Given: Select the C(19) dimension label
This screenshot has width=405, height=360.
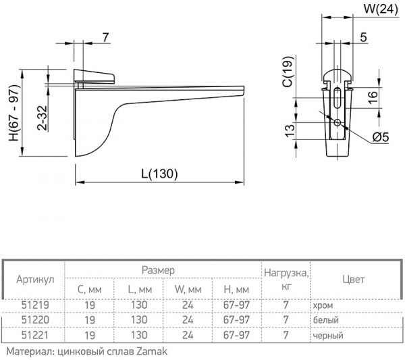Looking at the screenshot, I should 286,73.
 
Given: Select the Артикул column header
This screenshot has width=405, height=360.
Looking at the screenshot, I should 34,279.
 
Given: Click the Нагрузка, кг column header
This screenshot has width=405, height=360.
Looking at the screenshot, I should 287,279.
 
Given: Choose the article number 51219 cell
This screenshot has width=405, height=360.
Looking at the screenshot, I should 34,305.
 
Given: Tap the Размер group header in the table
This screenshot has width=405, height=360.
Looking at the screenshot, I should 158,269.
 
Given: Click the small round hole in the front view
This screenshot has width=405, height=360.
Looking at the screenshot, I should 337,122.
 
